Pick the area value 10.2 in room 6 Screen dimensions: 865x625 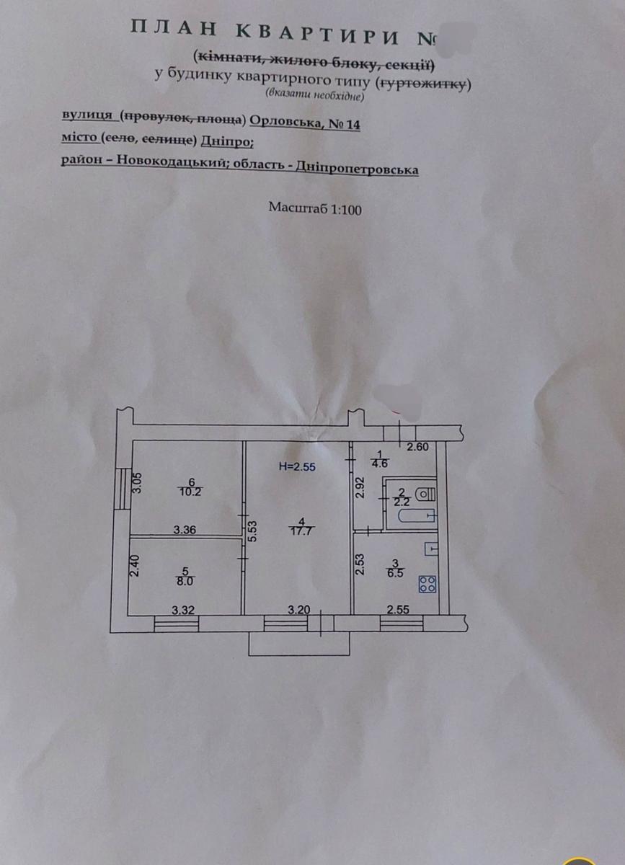pos(191,492)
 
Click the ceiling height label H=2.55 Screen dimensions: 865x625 pos(298,466)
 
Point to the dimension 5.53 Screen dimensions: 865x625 pos(251,532)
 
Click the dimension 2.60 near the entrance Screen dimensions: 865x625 pos(418,447)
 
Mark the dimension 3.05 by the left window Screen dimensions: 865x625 pos(140,482)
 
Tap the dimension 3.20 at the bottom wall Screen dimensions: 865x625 pos(298,609)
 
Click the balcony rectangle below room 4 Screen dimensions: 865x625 pos(298,644)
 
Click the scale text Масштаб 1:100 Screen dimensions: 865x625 pos(315,208)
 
